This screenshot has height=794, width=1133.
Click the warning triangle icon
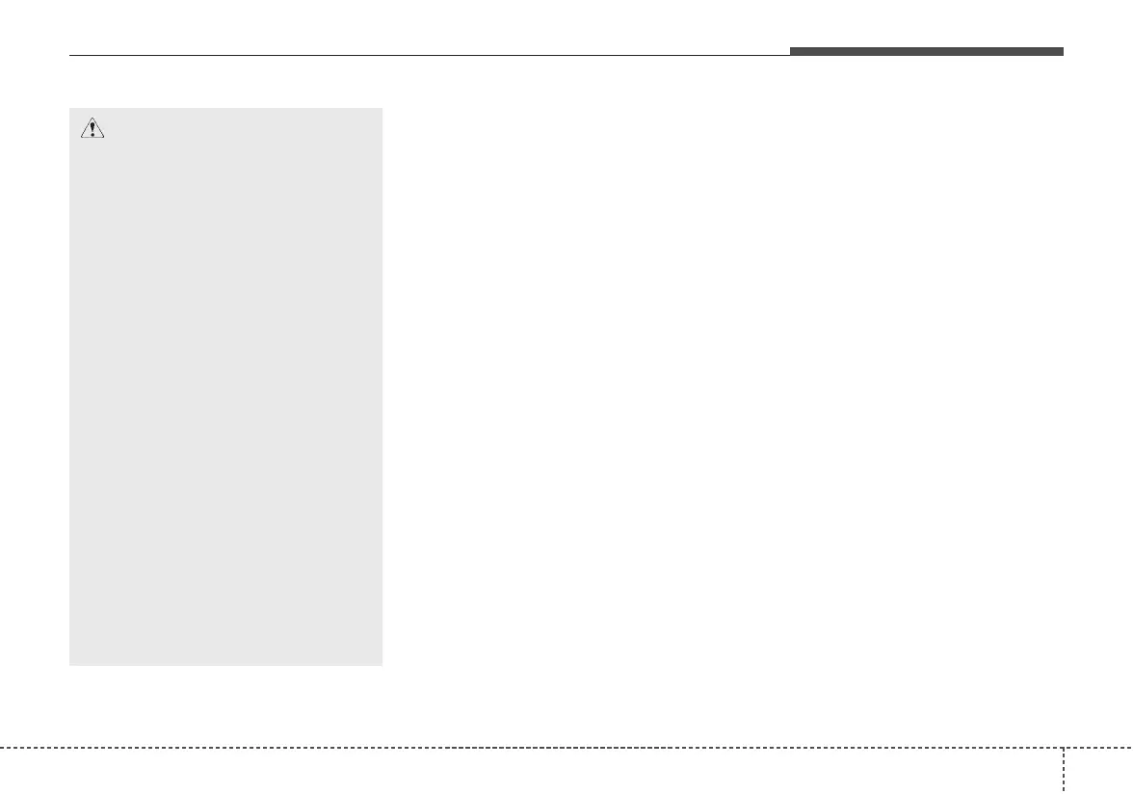coord(92,130)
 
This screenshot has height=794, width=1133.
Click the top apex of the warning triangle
coord(92,120)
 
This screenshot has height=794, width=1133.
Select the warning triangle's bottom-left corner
coord(80,139)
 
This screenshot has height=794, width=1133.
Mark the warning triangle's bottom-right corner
coord(103,139)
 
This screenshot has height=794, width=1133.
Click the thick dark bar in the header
coord(927,51)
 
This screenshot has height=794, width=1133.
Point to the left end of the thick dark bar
coord(791,51)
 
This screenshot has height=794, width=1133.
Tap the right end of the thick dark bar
coord(1064,51)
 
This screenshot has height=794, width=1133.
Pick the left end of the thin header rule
coord(69,55)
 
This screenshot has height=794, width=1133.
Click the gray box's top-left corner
coord(69,108)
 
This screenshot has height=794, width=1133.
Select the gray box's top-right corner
coord(382,108)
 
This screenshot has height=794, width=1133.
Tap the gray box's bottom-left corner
coord(69,665)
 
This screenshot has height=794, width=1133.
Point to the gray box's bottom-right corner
coord(382,665)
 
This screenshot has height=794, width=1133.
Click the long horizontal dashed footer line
coord(530,747)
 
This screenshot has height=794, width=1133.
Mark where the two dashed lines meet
coord(1065,747)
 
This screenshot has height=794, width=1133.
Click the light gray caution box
coord(226,385)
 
